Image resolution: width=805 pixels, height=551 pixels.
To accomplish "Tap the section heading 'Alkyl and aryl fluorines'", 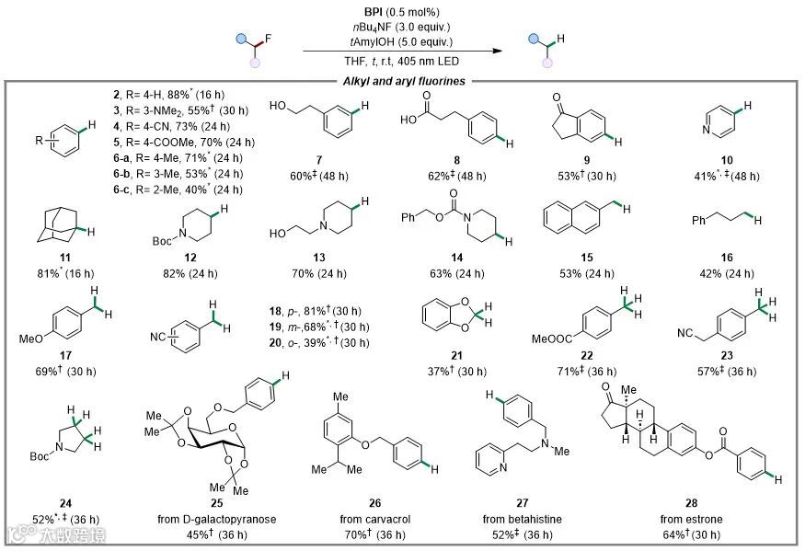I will pos(403,81).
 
